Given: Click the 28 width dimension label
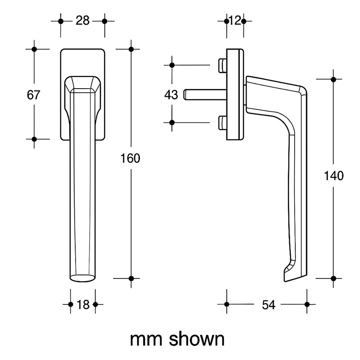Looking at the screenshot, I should click(82, 21).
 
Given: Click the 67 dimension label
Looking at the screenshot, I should click(34, 95).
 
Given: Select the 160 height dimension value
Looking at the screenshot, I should click(131, 158).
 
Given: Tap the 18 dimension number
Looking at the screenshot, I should click(83, 305).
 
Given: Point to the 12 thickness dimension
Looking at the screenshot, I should click(234, 21).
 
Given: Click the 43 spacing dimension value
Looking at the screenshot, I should click(171, 95).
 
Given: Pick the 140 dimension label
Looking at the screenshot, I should click(333, 176).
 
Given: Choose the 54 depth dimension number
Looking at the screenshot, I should click(268, 305).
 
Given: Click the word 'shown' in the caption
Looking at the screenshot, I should click(197, 339).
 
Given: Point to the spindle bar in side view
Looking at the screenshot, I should click(205, 94).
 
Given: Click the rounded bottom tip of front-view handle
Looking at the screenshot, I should click(82, 277).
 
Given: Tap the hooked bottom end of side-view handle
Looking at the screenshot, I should click(288, 274).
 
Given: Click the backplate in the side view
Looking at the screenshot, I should click(235, 94).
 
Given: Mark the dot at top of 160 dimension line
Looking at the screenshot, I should click(131, 49).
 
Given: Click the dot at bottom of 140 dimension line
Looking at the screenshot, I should click(333, 279).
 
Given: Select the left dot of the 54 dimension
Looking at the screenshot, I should click(226, 305).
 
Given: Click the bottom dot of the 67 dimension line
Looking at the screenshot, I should click(34, 139).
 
